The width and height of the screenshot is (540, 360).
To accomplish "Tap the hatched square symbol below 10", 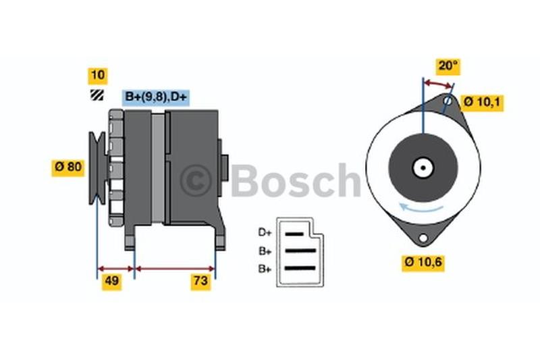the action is [x=97, y=95].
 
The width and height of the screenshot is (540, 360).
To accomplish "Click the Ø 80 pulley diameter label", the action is [x=68, y=168].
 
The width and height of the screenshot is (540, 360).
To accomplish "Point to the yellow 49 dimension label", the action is [x=111, y=282].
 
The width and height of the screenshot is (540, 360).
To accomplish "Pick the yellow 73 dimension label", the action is [x=200, y=282].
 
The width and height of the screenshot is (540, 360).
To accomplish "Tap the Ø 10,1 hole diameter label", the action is [x=482, y=103].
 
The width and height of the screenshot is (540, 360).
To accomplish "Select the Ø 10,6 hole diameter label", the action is [x=423, y=263].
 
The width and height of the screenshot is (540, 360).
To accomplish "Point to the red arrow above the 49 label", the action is [x=115, y=269].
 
